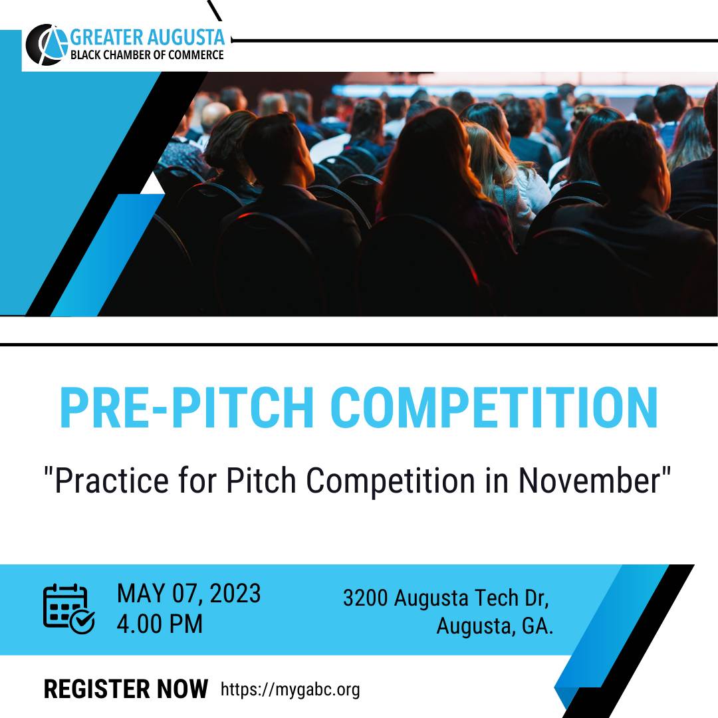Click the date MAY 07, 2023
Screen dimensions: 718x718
tap(188, 594)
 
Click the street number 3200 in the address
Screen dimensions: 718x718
tap(366, 598)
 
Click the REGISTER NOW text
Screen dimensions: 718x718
tap(126, 689)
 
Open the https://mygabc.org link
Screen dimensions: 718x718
tap(290, 689)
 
